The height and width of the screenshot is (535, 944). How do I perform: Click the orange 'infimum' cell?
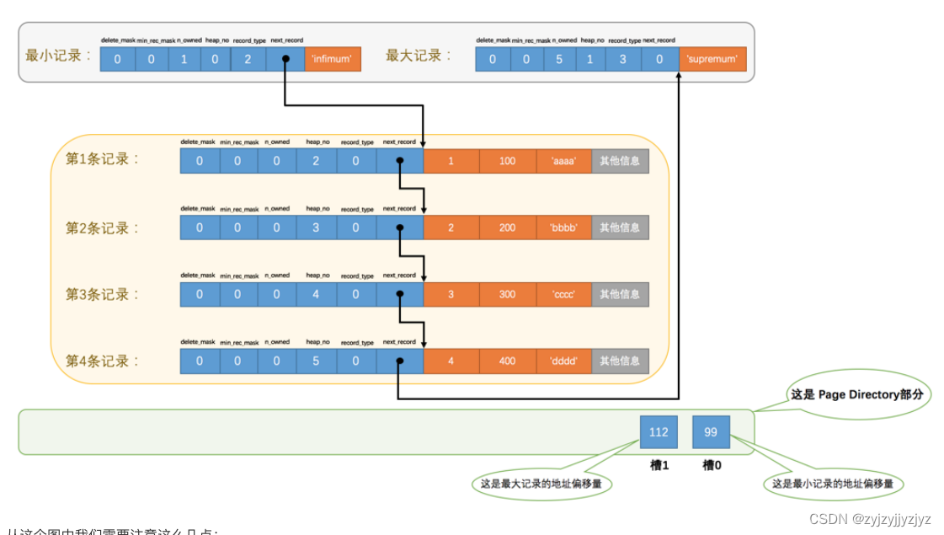coord(333,60)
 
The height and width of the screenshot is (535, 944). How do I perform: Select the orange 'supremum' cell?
coord(712,60)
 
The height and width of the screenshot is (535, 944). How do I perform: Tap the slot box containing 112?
coord(659,432)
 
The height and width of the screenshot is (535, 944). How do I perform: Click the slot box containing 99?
coord(711,432)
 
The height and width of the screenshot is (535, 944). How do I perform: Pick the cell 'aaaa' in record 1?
coord(563,161)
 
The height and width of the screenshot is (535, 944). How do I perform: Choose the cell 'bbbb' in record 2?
coord(563,227)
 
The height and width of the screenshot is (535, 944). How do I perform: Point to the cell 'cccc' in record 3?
coord(563,294)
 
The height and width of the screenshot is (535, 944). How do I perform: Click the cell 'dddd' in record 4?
coord(563,361)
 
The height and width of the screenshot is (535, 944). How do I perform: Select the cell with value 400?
coord(507,361)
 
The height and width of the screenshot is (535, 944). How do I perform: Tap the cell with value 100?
coord(507,161)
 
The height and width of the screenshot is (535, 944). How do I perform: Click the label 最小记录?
coord(58,56)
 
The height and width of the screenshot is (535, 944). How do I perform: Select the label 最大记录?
coord(419,56)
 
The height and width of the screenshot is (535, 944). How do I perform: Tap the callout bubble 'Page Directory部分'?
coord(857,394)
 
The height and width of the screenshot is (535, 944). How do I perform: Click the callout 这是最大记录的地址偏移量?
coord(541,484)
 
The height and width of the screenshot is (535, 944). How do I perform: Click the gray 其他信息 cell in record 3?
coord(620,294)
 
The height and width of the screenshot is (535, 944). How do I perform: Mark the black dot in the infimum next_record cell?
coord(285,59)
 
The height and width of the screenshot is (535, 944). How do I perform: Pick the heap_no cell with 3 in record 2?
coord(316,227)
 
